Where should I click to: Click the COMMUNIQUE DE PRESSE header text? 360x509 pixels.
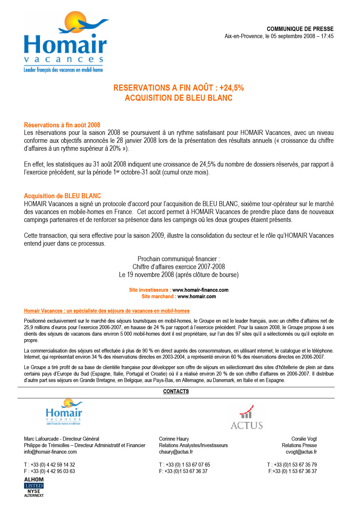click(x=300, y=29)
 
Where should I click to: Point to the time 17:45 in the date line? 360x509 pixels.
click(x=327, y=36)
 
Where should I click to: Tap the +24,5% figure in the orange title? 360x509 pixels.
click(x=231, y=88)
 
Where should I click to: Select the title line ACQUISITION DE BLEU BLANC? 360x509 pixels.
click(x=179, y=98)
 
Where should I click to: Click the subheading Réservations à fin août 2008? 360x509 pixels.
click(x=62, y=125)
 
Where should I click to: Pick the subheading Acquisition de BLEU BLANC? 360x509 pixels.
click(x=62, y=196)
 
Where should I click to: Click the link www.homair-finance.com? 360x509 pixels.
click(x=200, y=290)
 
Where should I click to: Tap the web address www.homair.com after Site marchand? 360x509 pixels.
click(x=197, y=296)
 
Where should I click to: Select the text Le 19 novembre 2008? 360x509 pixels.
click(x=147, y=275)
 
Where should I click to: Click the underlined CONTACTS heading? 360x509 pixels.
click(x=176, y=391)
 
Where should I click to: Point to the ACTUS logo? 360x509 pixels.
click(x=247, y=417)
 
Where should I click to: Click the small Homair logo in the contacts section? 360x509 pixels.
click(x=64, y=412)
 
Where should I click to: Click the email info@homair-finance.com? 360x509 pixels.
click(x=50, y=452)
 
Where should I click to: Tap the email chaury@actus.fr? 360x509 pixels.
click(x=176, y=452)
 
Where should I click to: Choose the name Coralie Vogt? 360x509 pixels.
click(x=304, y=439)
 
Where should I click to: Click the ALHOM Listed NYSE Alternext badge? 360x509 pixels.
click(x=34, y=487)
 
